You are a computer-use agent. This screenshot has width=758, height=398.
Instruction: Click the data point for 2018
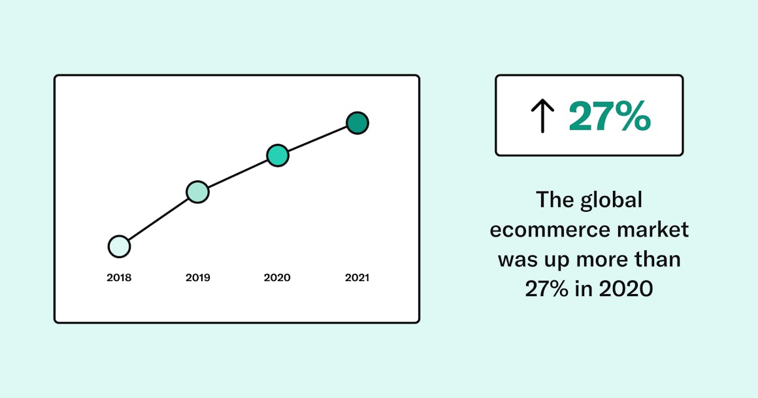(119, 246)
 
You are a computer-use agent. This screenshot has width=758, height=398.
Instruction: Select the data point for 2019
(197, 192)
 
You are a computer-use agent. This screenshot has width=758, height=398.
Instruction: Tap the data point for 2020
(278, 156)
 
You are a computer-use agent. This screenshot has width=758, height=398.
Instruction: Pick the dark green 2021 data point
(357, 122)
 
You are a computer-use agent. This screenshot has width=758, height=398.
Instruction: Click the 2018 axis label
(119, 278)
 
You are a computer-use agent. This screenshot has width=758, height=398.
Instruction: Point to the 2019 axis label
(198, 278)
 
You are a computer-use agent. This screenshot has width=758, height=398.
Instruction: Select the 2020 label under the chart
(277, 278)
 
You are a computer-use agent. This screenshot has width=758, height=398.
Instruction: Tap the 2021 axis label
(357, 278)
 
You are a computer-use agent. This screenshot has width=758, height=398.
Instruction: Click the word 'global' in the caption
(610, 200)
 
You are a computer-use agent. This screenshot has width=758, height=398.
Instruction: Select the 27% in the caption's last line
(547, 289)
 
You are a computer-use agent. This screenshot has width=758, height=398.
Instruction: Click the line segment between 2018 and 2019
(158, 220)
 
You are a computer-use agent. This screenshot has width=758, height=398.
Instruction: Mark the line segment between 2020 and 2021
(318, 139)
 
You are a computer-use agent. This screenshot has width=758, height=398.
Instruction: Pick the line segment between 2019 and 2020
(238, 174)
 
